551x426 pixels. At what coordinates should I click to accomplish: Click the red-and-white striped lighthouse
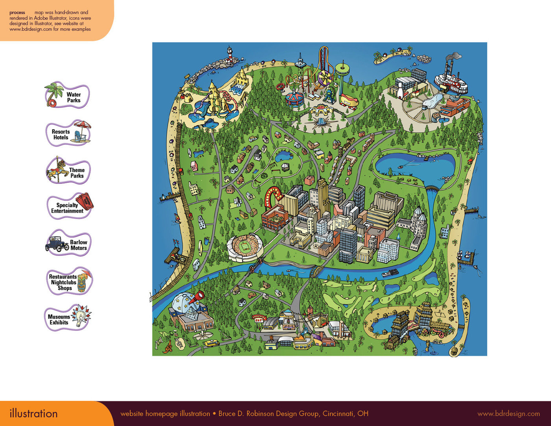tap(229, 54)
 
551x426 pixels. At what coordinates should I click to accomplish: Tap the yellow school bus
tap(212, 343)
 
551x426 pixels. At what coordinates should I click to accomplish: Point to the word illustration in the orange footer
tap(34, 414)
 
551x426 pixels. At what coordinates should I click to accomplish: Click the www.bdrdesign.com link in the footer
tap(508, 414)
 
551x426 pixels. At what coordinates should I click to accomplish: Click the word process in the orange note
tap(17, 13)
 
